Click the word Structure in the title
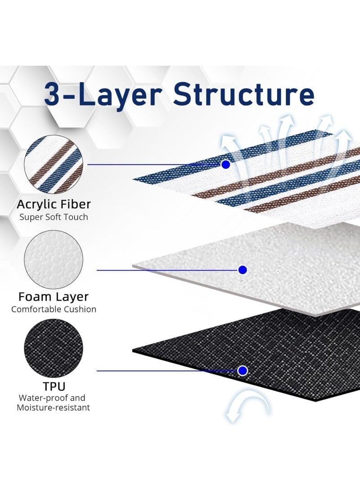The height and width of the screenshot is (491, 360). click(243, 94)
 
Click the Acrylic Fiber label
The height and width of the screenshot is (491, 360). click(54, 204)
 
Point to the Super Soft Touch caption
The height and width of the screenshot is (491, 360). click(54, 217)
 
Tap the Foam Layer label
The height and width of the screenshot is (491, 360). click(54, 297)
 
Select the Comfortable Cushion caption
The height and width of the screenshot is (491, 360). click(54, 309)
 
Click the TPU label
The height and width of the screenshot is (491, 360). click(54, 387)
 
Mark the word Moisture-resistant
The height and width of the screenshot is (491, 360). click(53, 408)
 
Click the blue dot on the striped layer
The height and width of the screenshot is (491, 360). click(225, 164)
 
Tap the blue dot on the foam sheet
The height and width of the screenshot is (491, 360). click(243, 270)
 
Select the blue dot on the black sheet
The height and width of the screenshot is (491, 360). click(243, 371)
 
